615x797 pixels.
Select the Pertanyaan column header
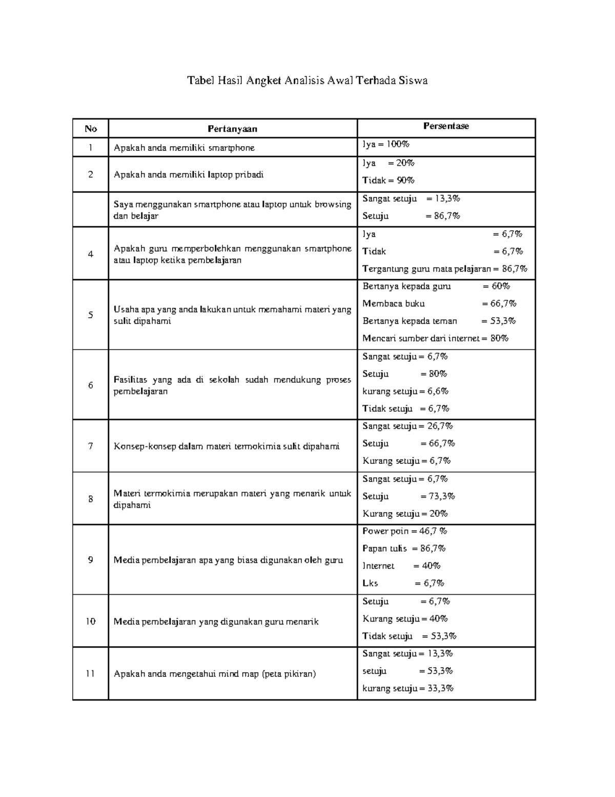tap(232, 129)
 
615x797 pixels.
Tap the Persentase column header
tap(446, 126)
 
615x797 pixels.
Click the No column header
tap(90, 129)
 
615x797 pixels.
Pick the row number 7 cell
tap(90, 446)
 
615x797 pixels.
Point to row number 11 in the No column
tap(90, 673)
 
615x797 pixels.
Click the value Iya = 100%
tap(386, 145)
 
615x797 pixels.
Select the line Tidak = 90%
tap(388, 180)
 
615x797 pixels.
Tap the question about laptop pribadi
tap(189, 174)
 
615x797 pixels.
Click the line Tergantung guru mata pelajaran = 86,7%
tap(444, 268)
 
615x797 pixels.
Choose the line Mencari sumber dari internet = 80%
tap(435, 338)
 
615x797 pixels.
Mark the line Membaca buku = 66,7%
tap(439, 303)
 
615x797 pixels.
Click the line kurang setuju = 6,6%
tap(405, 391)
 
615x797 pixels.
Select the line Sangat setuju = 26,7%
tap(407, 426)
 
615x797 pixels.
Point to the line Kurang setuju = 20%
tap(405, 514)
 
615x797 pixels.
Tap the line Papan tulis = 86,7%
tap(404, 548)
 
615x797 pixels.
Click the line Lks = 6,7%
tap(403, 584)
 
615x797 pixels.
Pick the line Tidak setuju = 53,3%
tap(409, 636)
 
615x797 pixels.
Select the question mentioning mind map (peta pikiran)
tap(214, 674)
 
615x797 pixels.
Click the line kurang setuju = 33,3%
tap(407, 689)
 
